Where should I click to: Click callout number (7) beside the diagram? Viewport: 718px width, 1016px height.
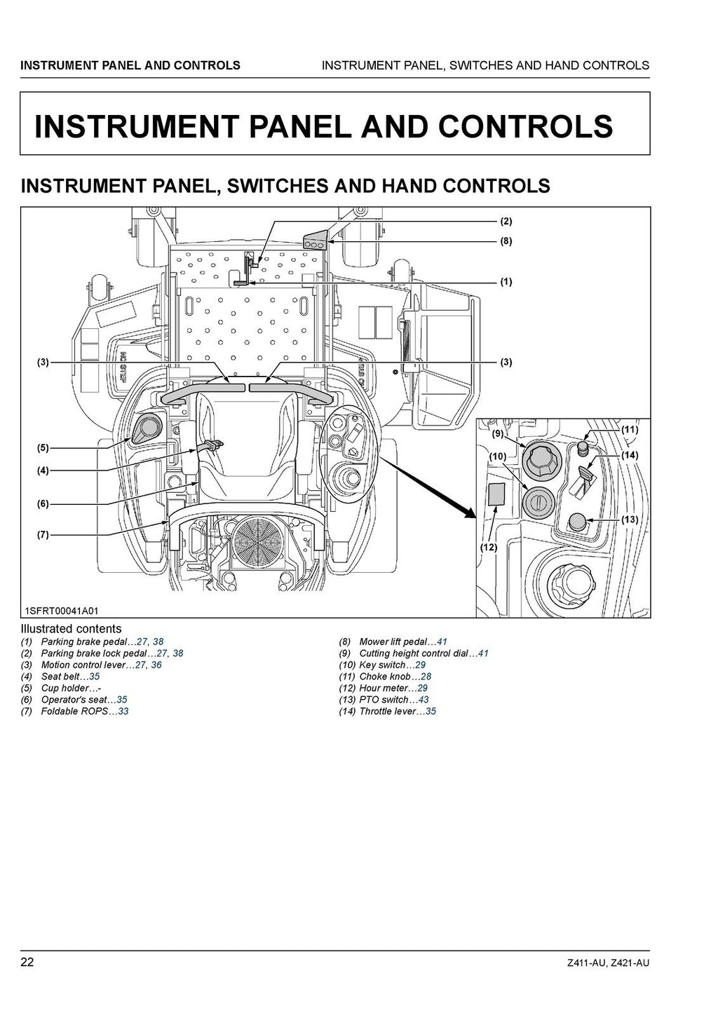(x=43, y=534)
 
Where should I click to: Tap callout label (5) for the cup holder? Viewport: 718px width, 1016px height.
(x=43, y=447)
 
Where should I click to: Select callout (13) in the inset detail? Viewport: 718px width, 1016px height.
(x=629, y=520)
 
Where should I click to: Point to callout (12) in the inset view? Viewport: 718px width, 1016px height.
(x=488, y=547)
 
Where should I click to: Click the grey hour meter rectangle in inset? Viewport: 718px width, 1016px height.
(x=496, y=494)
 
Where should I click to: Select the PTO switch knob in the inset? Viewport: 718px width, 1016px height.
(x=576, y=522)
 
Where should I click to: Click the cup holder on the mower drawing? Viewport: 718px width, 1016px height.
(x=147, y=427)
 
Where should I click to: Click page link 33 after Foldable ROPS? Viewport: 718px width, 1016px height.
(x=123, y=711)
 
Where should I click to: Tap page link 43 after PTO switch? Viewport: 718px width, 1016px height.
(x=423, y=700)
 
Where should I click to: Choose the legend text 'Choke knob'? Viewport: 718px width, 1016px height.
(x=384, y=677)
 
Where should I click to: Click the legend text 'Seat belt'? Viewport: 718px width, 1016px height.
(x=60, y=677)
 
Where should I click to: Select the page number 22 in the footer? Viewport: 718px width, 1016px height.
(x=27, y=962)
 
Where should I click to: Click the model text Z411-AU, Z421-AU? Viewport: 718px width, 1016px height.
(x=609, y=963)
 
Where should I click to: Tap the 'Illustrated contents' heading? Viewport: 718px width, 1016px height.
(x=71, y=629)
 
